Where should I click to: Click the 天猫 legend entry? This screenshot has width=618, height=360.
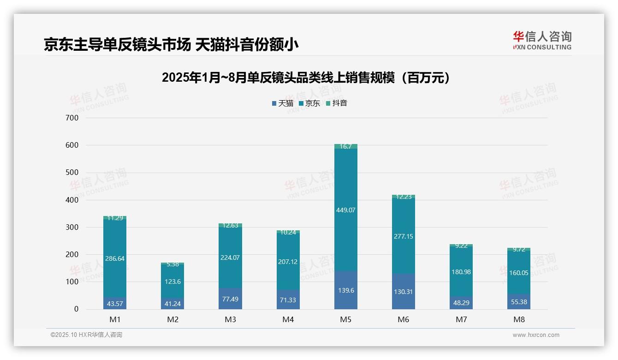pos(282,103)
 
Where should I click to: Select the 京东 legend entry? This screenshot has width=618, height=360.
pos(309,103)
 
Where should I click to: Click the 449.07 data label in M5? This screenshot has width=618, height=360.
pos(345,210)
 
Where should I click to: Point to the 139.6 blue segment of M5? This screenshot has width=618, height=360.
pos(345,290)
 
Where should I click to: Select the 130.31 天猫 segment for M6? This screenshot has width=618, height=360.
pos(404,292)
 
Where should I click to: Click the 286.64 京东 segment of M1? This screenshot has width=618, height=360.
pos(115,258)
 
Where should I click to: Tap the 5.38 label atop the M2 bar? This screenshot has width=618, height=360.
pos(172,264)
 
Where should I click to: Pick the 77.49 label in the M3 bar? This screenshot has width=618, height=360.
pos(230,300)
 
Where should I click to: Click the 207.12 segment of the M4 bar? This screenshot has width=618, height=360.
pos(288,262)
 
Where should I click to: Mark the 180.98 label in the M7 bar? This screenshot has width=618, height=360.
pos(461,272)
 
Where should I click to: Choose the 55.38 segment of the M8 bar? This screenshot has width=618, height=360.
pos(519,302)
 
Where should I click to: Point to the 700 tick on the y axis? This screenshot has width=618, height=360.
pos(73,118)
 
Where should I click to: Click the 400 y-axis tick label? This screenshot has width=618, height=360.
pos(73,200)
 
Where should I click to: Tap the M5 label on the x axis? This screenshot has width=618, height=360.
pos(345,319)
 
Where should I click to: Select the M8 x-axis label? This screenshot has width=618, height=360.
pos(519,319)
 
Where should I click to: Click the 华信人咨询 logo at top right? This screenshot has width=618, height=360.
pos(542,41)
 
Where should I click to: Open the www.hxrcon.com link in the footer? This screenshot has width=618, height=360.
pos(536,335)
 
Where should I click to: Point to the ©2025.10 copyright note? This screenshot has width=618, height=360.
pos(86,335)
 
